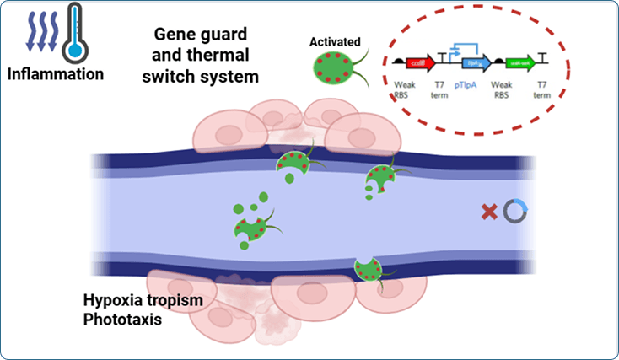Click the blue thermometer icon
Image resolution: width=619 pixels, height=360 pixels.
[x=74, y=34]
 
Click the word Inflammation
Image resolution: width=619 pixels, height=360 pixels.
[x=56, y=74]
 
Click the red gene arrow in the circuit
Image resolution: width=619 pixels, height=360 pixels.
[x=421, y=62]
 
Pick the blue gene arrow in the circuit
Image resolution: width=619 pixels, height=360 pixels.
[x=474, y=62]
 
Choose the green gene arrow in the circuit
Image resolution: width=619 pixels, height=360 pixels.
[x=531, y=62]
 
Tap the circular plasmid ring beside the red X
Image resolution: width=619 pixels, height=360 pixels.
[x=514, y=212]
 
